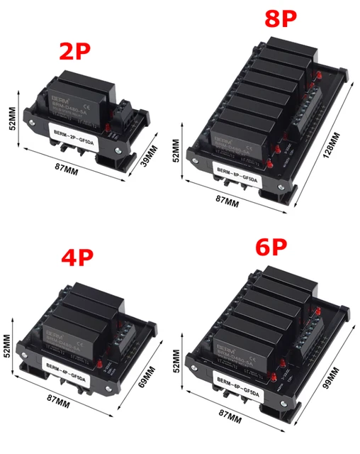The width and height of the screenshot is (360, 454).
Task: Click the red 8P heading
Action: (280, 18)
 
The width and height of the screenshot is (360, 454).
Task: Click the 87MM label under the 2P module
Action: (77, 170)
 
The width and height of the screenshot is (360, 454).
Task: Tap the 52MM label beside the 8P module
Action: (177, 150)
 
